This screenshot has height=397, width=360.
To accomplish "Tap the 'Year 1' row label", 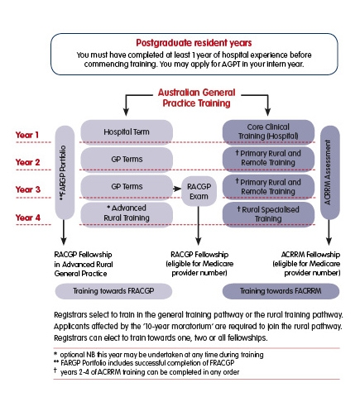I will [x=28, y=133].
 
